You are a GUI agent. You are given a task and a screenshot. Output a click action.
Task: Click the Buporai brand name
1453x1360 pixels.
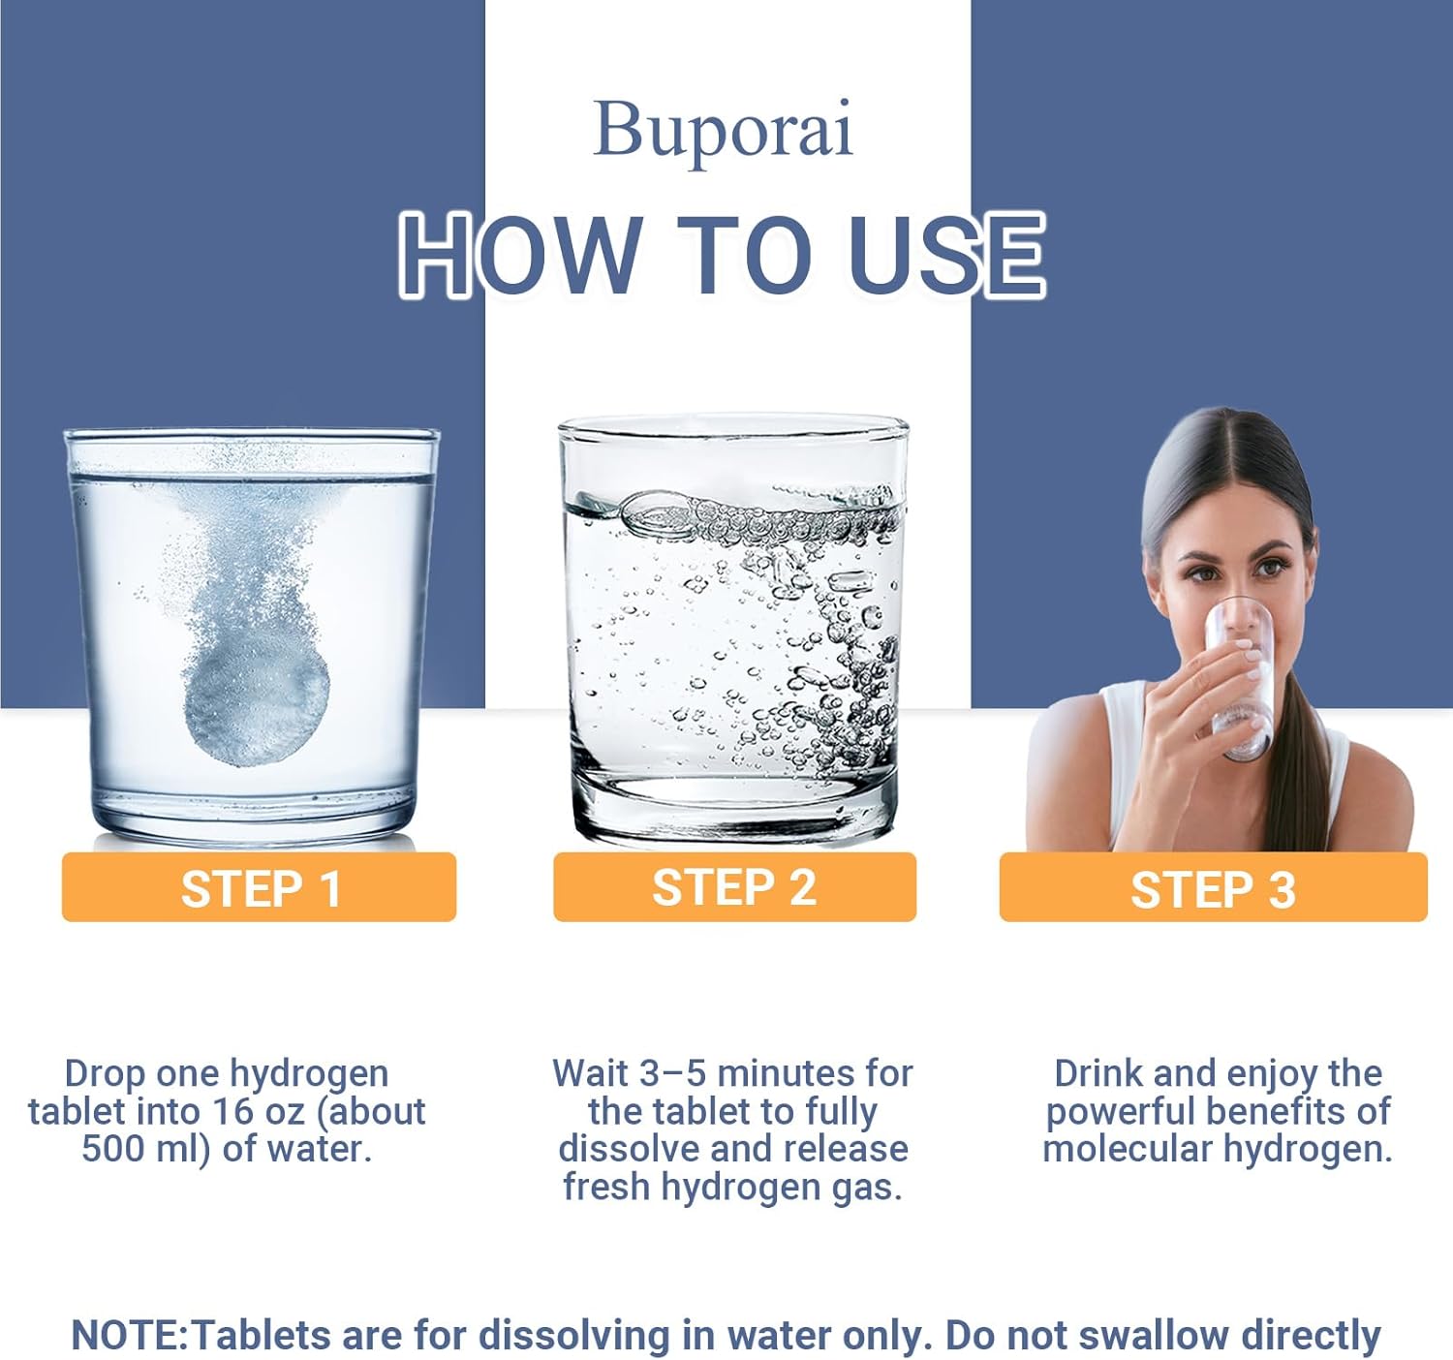723,131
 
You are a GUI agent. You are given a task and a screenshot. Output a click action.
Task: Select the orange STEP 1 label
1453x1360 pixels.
259,887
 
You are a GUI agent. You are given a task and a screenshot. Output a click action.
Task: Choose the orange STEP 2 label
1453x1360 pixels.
734,887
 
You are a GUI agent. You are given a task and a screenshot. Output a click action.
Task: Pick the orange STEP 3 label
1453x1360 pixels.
1213,887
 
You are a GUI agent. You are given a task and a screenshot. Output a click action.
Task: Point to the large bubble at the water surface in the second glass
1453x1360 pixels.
656,514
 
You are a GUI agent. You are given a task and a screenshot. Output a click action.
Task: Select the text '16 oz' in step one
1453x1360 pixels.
259,1112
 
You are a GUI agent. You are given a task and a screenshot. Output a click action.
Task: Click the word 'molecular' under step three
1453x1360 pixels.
1128,1149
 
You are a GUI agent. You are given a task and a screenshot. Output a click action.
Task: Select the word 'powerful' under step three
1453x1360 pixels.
1121,1113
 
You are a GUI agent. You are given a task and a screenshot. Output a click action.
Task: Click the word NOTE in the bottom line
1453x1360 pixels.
129,1335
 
